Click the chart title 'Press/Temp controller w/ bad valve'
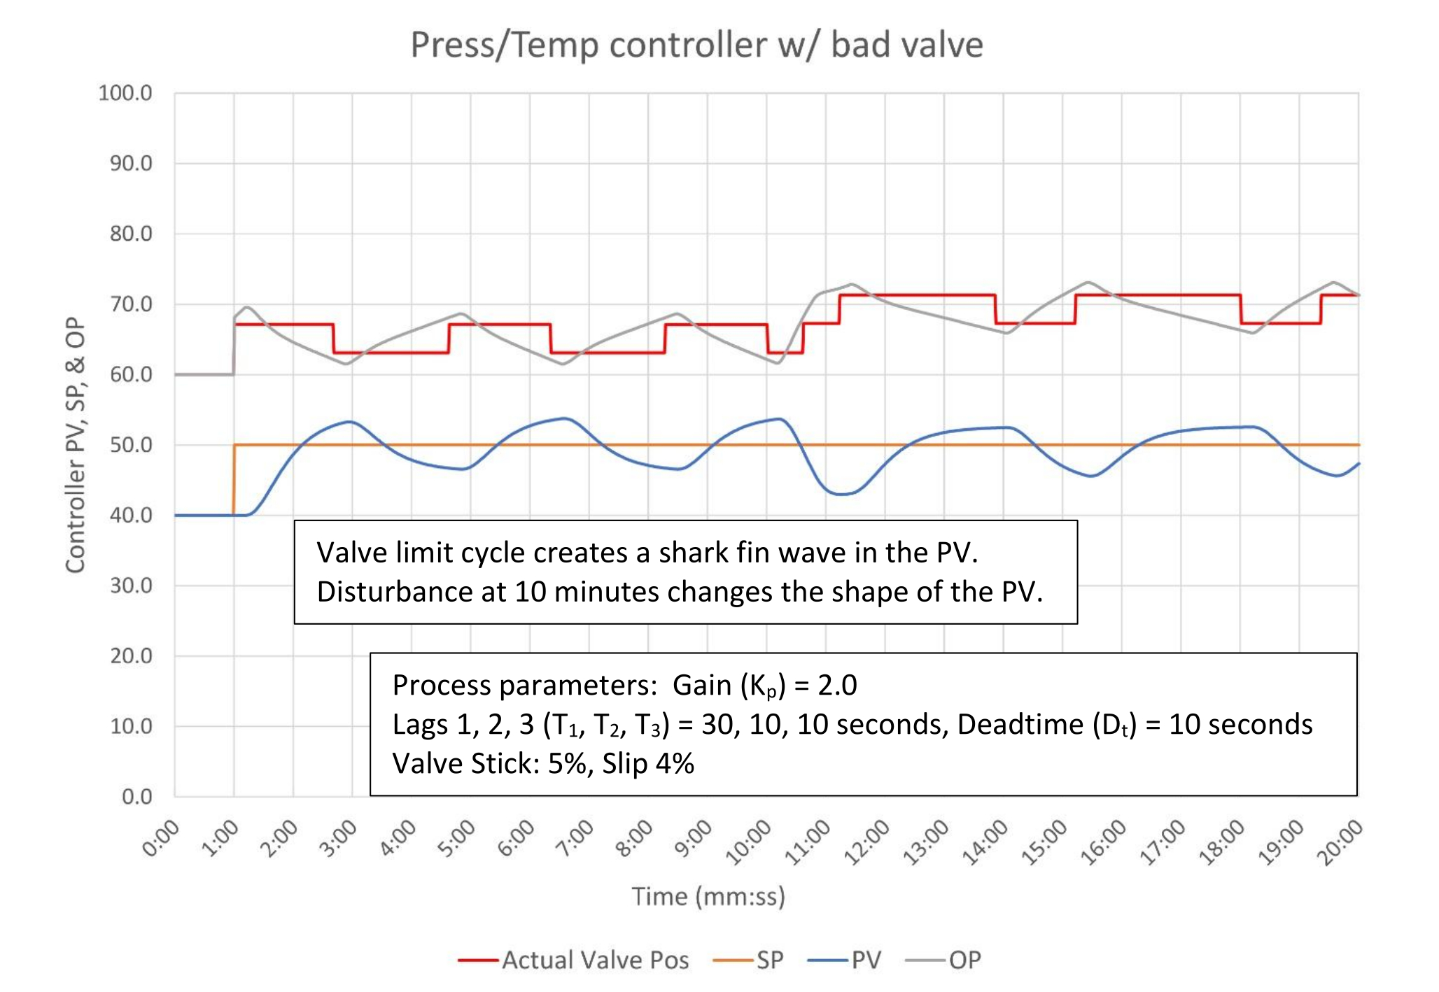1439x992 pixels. [696, 45]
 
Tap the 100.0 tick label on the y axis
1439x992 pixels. [125, 93]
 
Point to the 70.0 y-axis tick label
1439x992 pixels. [131, 304]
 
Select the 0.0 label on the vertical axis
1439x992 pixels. [136, 797]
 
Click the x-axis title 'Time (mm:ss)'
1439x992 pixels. [708, 896]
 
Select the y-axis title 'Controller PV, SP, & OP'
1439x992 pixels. [76, 445]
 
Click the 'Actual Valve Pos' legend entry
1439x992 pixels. [595, 960]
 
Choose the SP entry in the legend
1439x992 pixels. [769, 960]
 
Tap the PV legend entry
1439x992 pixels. [866, 960]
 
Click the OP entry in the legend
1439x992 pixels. [964, 960]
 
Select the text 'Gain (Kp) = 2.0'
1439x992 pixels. [764, 686]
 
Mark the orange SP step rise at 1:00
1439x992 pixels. [234, 480]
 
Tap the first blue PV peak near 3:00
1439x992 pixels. [350, 422]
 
